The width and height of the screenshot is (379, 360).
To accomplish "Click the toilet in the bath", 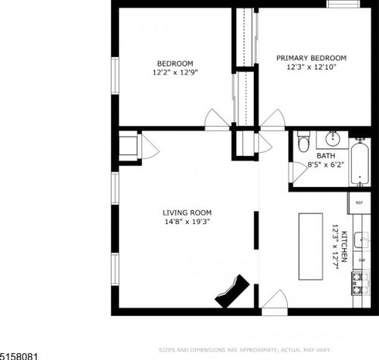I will (x=304, y=142).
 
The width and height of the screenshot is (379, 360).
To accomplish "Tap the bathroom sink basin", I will (x=331, y=139).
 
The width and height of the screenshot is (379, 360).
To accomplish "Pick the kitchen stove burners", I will (x=358, y=283).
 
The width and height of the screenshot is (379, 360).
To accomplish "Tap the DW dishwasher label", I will (x=362, y=260).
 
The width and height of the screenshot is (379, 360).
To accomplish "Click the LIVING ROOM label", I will (x=187, y=213).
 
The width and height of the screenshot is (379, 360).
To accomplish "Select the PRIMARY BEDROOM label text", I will (x=311, y=58).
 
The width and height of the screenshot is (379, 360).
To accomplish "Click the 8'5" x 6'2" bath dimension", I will (x=326, y=164).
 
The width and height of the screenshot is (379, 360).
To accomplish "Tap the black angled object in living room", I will (x=232, y=291).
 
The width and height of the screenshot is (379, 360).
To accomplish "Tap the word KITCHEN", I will (x=344, y=248).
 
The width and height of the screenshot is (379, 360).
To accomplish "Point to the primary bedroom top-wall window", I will (x=343, y=4).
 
